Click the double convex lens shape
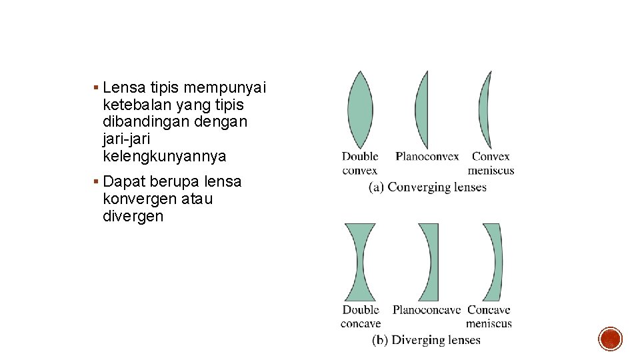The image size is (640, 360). click(x=360, y=110)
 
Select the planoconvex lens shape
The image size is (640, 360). click(x=422, y=110)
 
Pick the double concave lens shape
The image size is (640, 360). click(x=360, y=262)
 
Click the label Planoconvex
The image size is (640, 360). click(x=427, y=157)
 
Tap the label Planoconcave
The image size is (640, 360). click(x=426, y=310)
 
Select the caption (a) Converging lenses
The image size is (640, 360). click(x=427, y=187)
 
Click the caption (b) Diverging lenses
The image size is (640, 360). click(x=426, y=340)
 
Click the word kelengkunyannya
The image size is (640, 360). click(x=165, y=157)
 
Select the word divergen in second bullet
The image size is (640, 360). click(x=133, y=216)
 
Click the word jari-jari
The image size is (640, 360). click(x=127, y=139)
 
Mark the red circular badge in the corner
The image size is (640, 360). click(x=610, y=339)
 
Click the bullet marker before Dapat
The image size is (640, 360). click(x=97, y=181)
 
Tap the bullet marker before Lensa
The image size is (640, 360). click(x=97, y=87)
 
